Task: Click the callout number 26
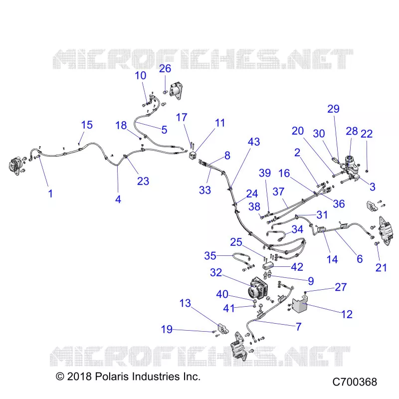[165, 68]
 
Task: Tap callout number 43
[254, 142]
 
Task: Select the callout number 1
[50, 194]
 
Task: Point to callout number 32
[216, 272]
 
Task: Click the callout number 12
[347, 314]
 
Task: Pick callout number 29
[333, 109]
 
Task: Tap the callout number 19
[167, 329]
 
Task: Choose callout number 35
[210, 256]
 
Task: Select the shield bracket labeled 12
[300, 305]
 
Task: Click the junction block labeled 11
[193, 155]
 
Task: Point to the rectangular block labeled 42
[267, 266]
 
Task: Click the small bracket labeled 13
[223, 329]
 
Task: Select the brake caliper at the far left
[15, 166]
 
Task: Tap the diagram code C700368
[355, 382]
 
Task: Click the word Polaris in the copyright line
[112, 377]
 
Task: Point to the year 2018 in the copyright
[79, 377]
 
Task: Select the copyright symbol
[60, 377]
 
